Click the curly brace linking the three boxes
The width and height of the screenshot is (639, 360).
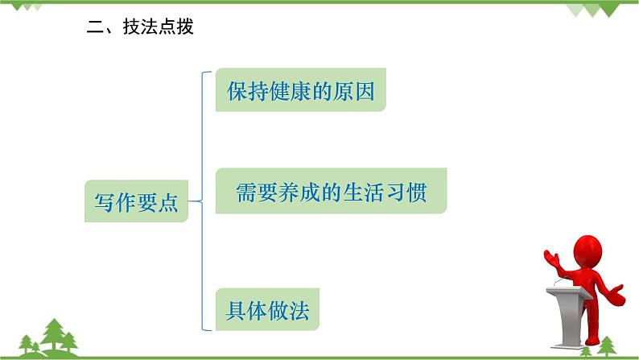pyautogui.click(x=199, y=201)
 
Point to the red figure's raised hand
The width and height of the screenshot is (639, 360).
pyautogui.click(x=550, y=257)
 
